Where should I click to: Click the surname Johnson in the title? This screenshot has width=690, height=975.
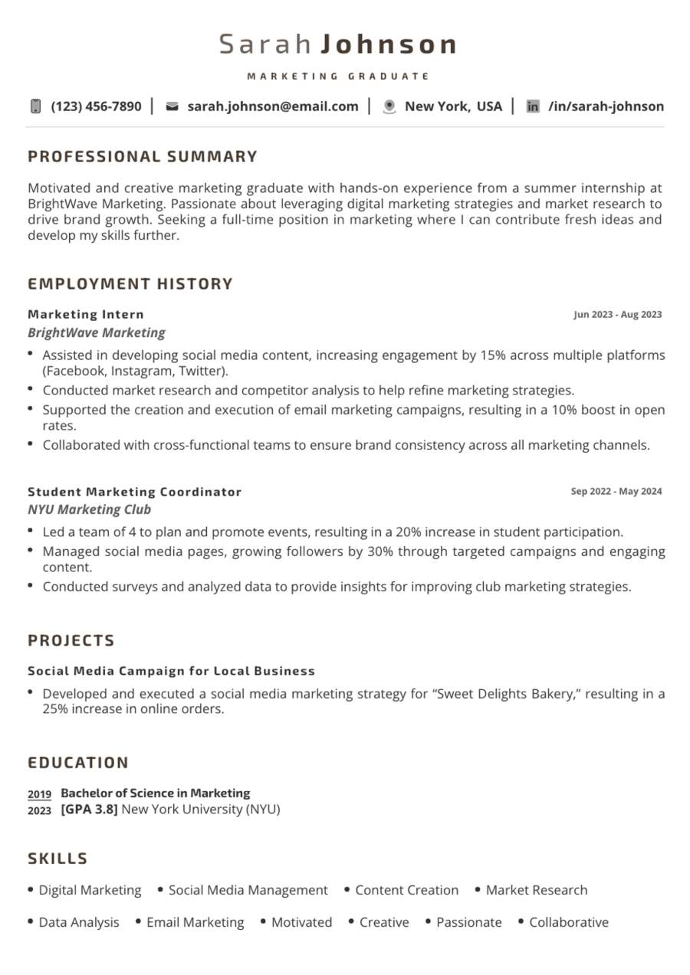click(x=388, y=44)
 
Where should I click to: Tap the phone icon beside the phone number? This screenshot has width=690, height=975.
click(x=35, y=106)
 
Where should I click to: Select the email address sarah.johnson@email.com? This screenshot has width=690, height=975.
click(x=272, y=106)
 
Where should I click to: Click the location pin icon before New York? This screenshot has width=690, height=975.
click(x=389, y=106)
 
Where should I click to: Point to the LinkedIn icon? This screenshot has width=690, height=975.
click(x=533, y=106)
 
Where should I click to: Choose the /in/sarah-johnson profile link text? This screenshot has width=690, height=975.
click(x=606, y=106)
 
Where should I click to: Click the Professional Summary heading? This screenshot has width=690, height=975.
click(x=143, y=157)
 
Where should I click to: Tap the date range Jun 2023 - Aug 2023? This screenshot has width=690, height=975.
click(x=617, y=314)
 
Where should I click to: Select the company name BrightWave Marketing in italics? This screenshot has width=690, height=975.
click(x=97, y=332)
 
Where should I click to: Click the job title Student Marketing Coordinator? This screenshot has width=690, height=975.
click(x=134, y=492)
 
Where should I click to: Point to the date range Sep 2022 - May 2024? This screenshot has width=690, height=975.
click(x=616, y=492)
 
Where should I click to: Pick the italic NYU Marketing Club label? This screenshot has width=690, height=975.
click(x=89, y=509)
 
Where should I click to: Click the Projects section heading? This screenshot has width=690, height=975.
click(x=71, y=640)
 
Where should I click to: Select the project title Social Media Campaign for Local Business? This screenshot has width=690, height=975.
click(x=171, y=671)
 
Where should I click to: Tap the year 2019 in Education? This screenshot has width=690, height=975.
click(x=39, y=794)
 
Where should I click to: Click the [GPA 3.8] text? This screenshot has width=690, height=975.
click(x=89, y=810)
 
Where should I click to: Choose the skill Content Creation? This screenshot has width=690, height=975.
click(x=406, y=890)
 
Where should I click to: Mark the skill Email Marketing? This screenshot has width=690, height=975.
click(x=195, y=922)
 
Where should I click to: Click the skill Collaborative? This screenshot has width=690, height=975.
click(x=568, y=922)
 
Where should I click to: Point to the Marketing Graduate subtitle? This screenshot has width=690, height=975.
click(x=338, y=77)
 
